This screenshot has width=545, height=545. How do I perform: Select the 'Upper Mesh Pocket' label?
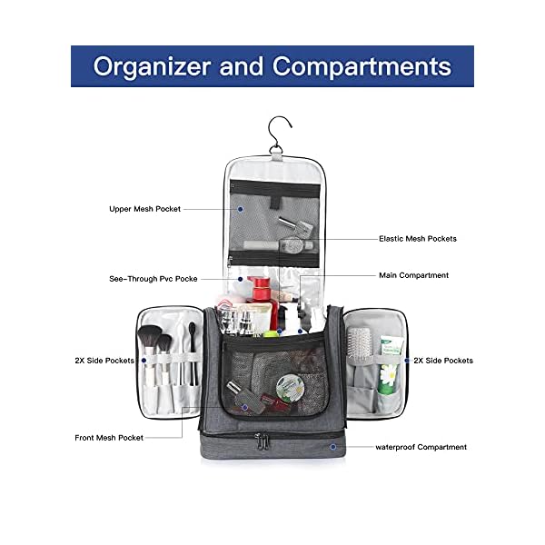click(144, 209)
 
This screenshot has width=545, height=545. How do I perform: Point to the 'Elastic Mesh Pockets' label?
click(417, 239)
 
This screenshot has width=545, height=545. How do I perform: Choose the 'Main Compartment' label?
click(413, 275)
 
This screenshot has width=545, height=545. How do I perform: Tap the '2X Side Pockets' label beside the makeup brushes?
click(104, 361)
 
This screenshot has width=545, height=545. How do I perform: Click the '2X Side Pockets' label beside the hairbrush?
click(443, 361)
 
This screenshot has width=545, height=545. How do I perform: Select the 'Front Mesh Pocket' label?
click(109, 438)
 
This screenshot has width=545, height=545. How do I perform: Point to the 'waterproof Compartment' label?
click(421, 447)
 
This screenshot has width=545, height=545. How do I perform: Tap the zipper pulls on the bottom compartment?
click(263, 442)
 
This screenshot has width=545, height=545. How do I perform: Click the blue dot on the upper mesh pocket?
click(241, 209)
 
